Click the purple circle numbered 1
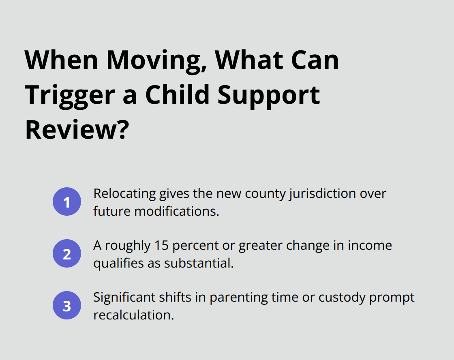pyautogui.click(x=67, y=202)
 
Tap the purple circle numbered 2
pyautogui.click(x=67, y=254)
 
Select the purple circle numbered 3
pyautogui.click(x=67, y=306)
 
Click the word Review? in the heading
pyautogui.click(x=77, y=130)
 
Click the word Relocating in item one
pyautogui.click(x=119, y=194)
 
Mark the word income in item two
pyautogui.click(x=371, y=246)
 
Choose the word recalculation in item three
pyautogui.click(x=133, y=315)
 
